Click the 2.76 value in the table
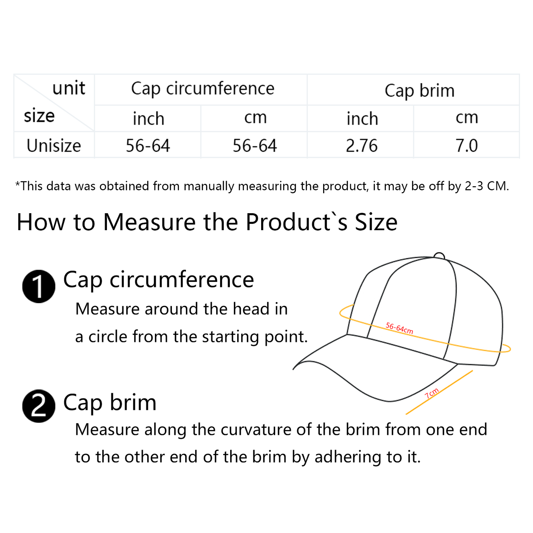coord(361,145)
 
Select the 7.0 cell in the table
coord(466,145)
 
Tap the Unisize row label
coord(53,145)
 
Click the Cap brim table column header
coord(419,91)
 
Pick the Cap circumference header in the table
coord(203,89)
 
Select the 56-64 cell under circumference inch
coord(148,145)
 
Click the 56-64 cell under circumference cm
coord(255,145)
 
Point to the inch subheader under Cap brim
coord(362,119)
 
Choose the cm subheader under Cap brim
coord(467,118)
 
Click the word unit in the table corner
coord(69,88)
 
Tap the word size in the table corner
coord(39,116)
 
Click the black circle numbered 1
coord(39,287)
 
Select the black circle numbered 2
coord(39,406)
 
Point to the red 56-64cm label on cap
coord(399,328)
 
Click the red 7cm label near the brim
coord(432,393)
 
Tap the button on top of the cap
coord(439,256)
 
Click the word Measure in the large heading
coord(149,222)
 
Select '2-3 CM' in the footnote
coord(487,186)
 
